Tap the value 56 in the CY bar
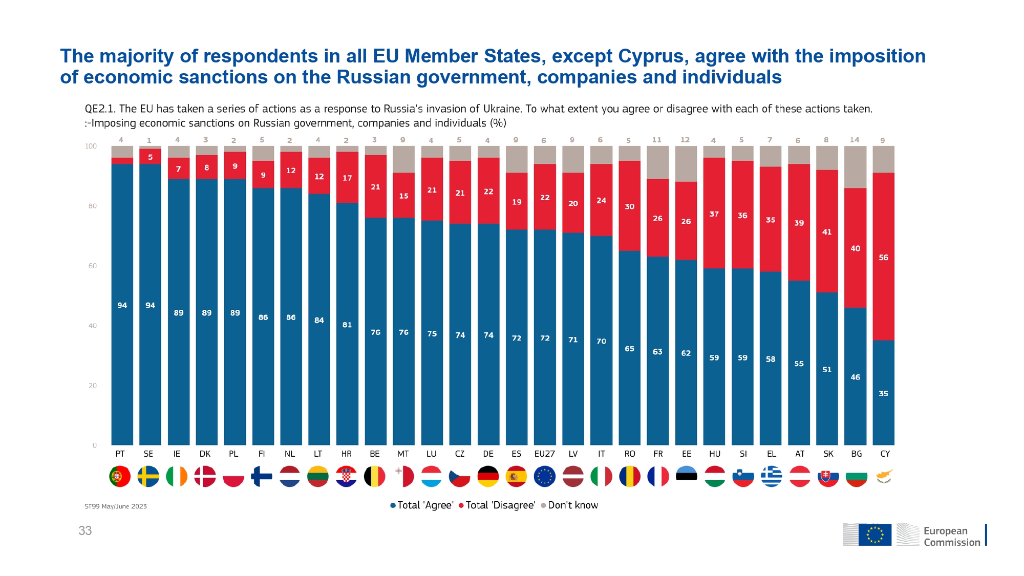tap(883, 258)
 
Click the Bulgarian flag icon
tap(856, 476)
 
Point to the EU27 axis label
tap(544, 454)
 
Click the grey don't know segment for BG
tap(855, 167)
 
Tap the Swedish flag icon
tap(148, 476)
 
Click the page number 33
tap(85, 530)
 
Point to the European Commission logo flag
tap(874, 534)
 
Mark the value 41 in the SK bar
tap(827, 232)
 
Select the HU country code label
tap(715, 454)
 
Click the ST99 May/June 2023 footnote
tap(116, 506)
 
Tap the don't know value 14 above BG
tap(855, 140)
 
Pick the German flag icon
tap(488, 476)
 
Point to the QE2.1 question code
tap(100, 109)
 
